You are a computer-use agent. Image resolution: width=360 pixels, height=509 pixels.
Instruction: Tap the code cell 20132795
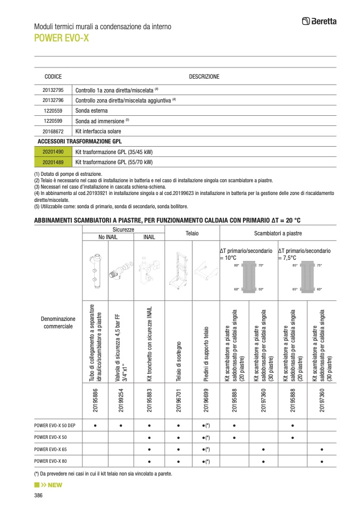click(x=53, y=90)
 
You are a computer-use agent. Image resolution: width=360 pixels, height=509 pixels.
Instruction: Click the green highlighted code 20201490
click(x=53, y=152)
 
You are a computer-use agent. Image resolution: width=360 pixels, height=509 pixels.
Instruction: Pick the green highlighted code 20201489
click(x=53, y=162)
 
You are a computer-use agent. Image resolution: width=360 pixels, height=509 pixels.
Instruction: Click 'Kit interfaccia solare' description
click(x=98, y=131)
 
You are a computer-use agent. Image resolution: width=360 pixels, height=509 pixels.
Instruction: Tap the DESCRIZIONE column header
click(x=204, y=77)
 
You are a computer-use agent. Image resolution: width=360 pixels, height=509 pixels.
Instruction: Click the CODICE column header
click(x=53, y=77)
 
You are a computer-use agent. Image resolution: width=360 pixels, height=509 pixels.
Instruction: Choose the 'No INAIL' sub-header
click(x=108, y=237)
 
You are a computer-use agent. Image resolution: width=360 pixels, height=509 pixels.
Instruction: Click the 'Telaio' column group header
click(x=191, y=233)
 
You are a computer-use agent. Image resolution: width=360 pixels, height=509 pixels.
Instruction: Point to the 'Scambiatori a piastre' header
click(x=278, y=233)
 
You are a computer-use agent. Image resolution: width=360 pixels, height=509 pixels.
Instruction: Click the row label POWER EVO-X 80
click(x=51, y=462)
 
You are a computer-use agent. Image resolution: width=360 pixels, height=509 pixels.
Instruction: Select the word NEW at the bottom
click(x=55, y=485)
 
